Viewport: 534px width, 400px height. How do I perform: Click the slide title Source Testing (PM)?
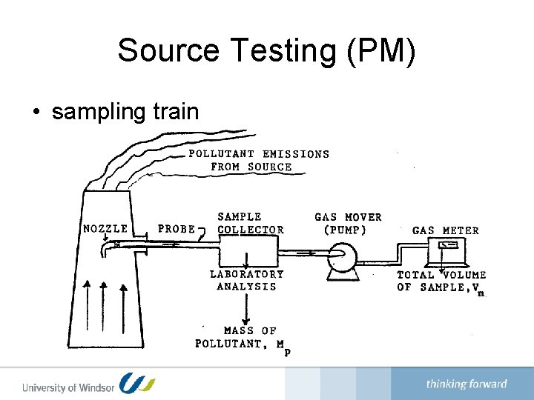[267, 51]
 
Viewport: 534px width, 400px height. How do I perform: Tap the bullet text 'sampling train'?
[125, 112]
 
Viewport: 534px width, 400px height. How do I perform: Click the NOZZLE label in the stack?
[105, 228]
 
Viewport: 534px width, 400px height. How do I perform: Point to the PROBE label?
[177, 229]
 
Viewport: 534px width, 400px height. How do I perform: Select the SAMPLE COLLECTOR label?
[250, 223]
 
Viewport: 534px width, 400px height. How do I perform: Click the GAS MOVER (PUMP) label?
[348, 223]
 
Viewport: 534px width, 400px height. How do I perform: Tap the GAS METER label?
[446, 230]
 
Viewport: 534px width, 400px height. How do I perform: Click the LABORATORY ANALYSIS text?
[247, 280]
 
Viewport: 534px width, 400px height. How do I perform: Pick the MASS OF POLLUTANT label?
[242, 338]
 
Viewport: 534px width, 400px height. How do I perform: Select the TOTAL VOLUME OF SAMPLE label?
[441, 281]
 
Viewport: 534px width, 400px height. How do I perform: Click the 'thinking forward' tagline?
[467, 384]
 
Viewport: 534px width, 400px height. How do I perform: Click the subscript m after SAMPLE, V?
[481, 293]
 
